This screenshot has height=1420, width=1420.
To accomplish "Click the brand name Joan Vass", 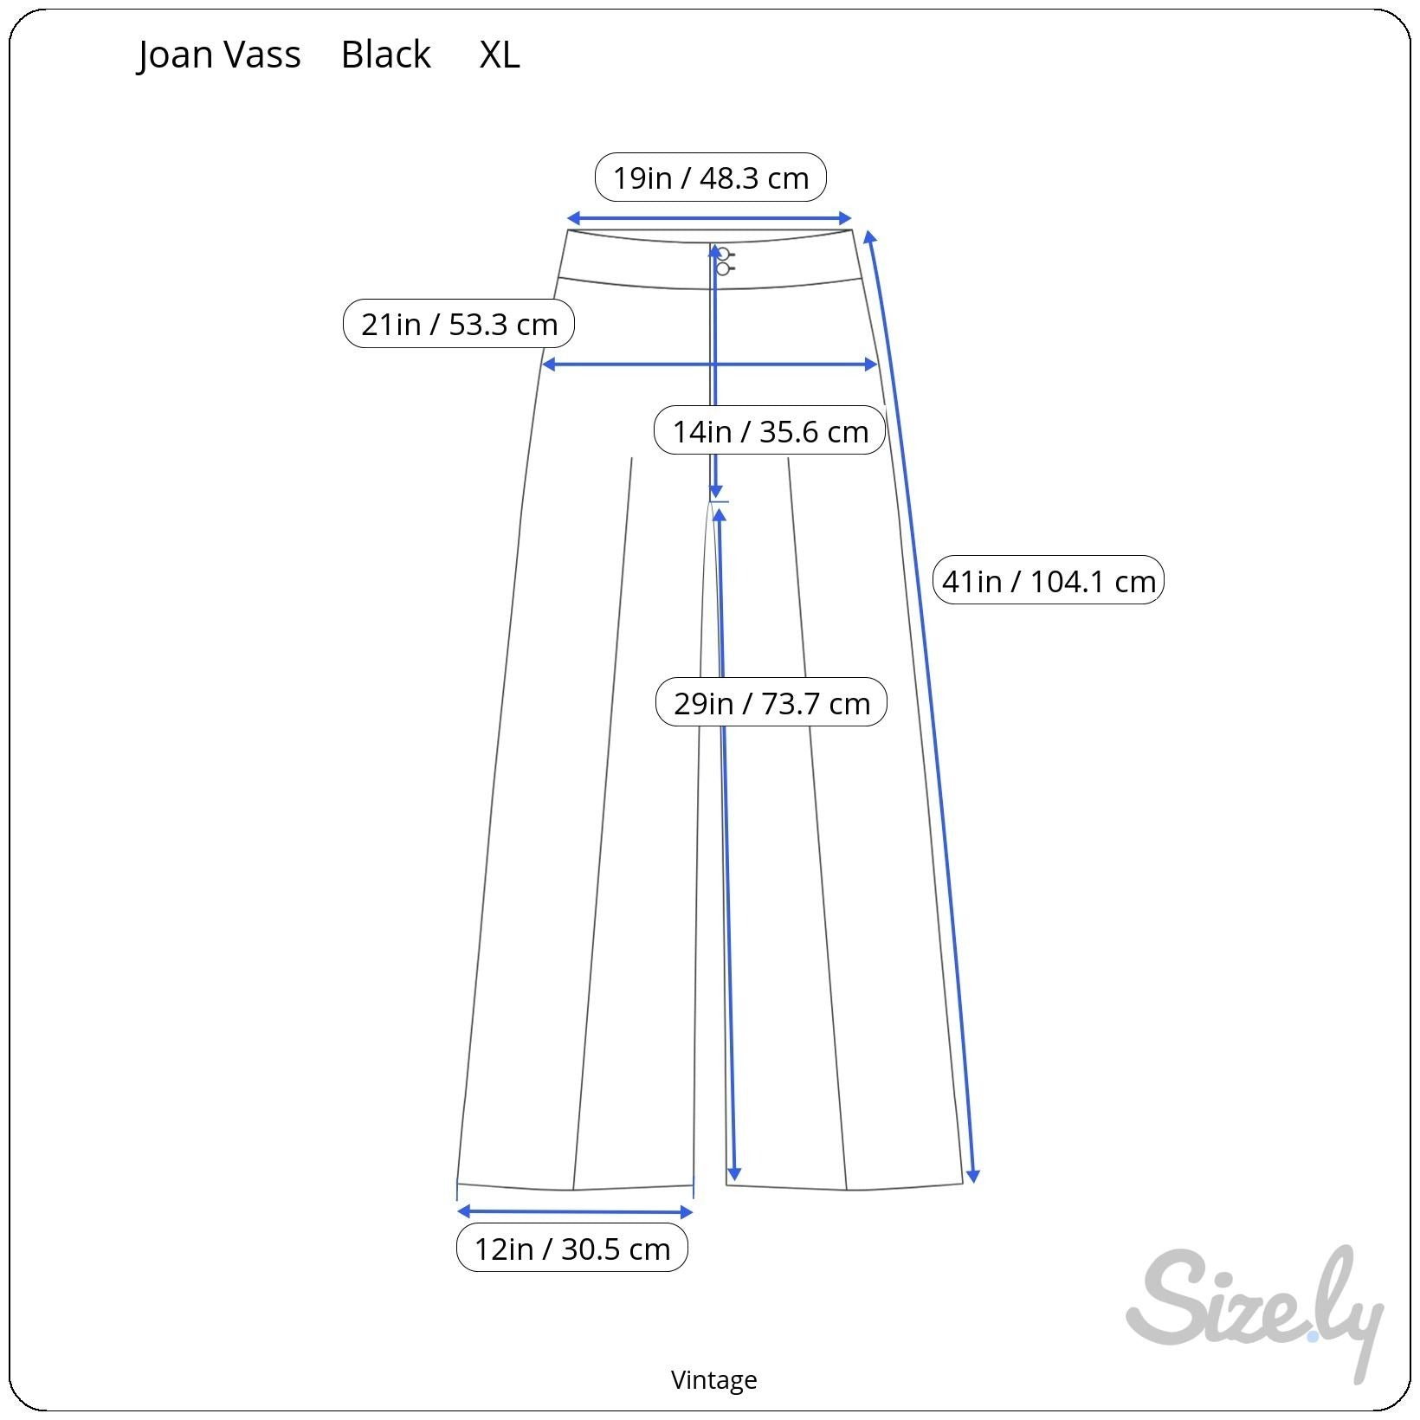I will [x=219, y=55].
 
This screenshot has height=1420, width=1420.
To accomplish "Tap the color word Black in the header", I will [x=385, y=55].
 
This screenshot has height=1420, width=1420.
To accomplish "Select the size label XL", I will [x=500, y=55].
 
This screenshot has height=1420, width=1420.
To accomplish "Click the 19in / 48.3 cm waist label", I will [x=710, y=177].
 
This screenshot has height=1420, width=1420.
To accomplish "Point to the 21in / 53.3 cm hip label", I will [x=459, y=324].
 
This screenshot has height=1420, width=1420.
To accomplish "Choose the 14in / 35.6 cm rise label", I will [x=770, y=430].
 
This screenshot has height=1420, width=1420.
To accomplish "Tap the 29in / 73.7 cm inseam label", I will [x=771, y=702].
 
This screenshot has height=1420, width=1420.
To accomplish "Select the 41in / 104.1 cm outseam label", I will [x=1049, y=580].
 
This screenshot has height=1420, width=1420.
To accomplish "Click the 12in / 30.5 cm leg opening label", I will [x=572, y=1249].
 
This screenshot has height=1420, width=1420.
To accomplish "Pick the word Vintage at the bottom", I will [x=713, y=1379].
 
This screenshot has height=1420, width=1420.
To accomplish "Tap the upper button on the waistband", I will [x=723, y=255].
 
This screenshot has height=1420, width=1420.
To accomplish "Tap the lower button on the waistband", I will [x=723, y=269].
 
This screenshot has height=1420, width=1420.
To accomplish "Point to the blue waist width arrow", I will [x=709, y=219].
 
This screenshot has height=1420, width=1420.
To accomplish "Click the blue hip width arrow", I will [x=710, y=365].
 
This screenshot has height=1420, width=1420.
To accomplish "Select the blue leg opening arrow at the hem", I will [x=575, y=1212].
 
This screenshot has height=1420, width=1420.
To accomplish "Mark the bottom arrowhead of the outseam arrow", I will [x=973, y=1176].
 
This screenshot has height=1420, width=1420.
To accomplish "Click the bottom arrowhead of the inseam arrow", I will [x=734, y=1173].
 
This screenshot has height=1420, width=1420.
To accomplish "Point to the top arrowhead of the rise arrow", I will [x=715, y=253].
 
